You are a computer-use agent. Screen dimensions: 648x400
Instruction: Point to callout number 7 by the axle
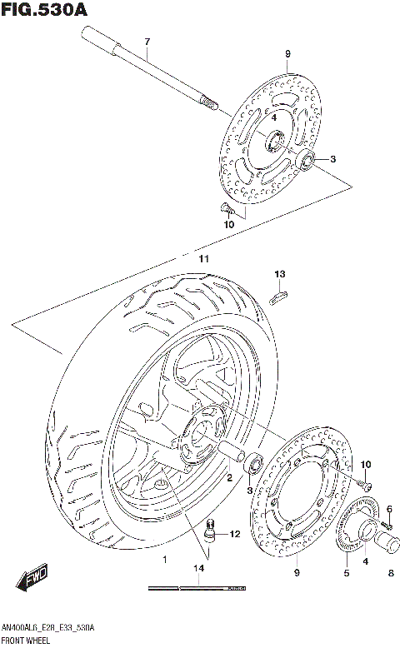click(x=147, y=42)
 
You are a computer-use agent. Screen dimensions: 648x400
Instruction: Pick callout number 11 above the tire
click(x=202, y=259)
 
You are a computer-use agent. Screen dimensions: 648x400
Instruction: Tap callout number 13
click(x=280, y=274)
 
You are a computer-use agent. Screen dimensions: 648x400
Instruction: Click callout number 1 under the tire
click(x=165, y=559)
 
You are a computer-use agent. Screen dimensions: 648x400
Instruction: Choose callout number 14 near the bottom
click(x=197, y=569)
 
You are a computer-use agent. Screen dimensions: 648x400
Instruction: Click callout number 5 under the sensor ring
click(x=347, y=572)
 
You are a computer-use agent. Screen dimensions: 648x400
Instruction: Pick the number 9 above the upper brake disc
click(x=287, y=55)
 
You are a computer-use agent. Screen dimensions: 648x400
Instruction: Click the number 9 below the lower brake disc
click(x=297, y=572)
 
